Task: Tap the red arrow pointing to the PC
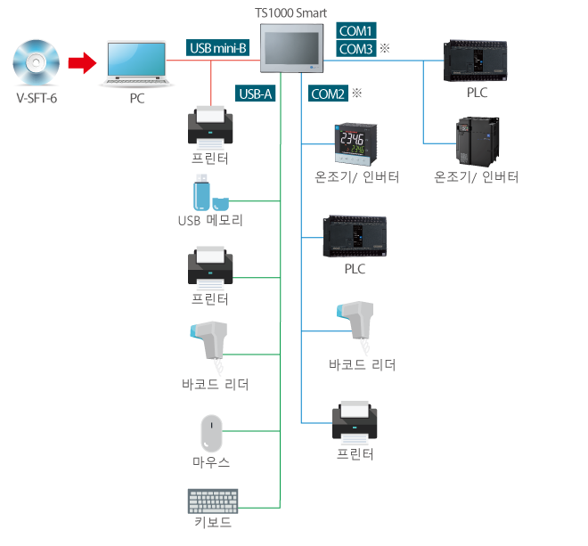83,62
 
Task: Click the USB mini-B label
218,47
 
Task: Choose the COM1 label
356,29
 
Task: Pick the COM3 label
356,49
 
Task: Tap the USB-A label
256,93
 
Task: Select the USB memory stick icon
208,193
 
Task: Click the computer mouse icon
210,434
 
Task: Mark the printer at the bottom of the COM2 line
356,421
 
